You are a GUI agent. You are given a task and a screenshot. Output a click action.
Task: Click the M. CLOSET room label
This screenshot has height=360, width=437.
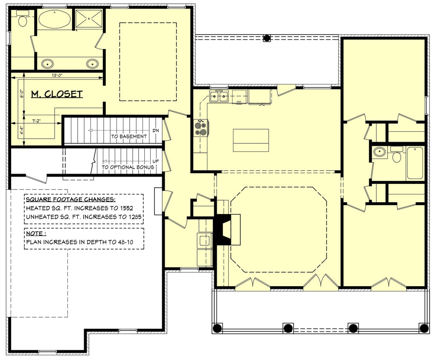pos(57,94)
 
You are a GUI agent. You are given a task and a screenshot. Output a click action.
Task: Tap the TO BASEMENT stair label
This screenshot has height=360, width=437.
pos(129,136)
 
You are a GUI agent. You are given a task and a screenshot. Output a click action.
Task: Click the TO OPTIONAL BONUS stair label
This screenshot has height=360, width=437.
pos(128,167)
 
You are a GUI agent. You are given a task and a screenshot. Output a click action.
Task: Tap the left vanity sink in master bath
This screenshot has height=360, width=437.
pos(47,64)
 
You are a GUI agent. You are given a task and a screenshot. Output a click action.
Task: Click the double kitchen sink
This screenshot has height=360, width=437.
pos(218,97)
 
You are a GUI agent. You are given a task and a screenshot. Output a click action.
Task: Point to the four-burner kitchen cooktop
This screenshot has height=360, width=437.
pos(201,128)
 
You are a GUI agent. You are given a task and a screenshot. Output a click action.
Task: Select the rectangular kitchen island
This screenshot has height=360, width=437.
pos(251,140)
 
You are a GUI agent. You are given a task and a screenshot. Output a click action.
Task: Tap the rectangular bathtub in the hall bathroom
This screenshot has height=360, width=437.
pos(415,163)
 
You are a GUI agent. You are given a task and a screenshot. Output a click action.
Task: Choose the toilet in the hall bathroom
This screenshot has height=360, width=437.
pos(397,156)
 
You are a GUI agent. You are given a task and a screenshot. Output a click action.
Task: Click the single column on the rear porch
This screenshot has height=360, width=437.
pos(268,38)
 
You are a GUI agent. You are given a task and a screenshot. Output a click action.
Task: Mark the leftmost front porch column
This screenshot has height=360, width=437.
pos(217,328)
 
